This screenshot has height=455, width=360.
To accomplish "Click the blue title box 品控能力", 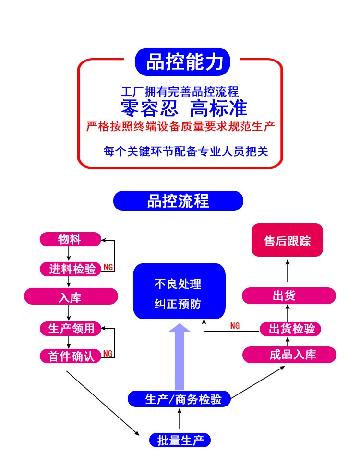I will (x=183, y=62).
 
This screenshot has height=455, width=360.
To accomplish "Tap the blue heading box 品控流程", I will (x=178, y=201).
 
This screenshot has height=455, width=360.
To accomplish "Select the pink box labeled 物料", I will (x=70, y=239).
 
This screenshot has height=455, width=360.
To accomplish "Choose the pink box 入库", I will (x=71, y=297).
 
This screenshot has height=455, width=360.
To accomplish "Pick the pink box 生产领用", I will (x=71, y=329).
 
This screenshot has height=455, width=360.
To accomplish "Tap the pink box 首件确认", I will (x=71, y=356).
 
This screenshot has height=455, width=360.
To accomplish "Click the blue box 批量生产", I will (x=180, y=440).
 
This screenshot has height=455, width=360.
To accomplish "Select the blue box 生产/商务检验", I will (x=179, y=399).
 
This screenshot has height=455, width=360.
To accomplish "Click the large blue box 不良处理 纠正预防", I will (x=179, y=292).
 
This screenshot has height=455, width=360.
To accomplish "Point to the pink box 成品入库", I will (x=289, y=355).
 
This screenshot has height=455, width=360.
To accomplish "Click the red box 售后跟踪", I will (x=287, y=240).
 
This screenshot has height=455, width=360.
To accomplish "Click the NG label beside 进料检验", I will (x=108, y=267).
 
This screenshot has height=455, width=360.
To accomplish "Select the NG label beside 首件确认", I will (x=108, y=354).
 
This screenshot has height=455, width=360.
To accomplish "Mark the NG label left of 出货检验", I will (x=235, y=326).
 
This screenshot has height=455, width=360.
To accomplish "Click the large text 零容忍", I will (x=149, y=108).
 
